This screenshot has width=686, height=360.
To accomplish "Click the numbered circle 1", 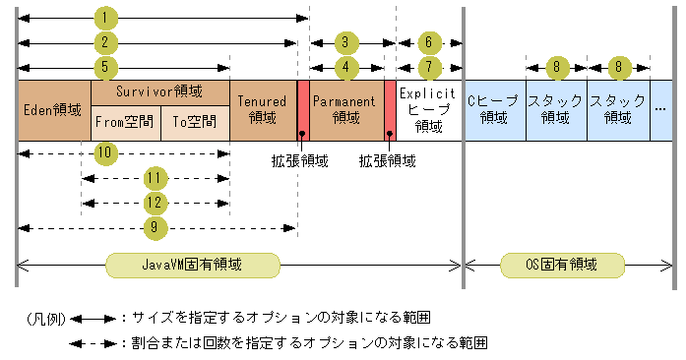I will click(105, 18).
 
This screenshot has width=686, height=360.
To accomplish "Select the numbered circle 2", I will click(105, 42).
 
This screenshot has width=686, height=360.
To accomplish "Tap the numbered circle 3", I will click(344, 42).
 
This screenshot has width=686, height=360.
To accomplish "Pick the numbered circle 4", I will click(344, 67).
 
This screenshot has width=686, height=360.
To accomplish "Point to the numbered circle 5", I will click(105, 67).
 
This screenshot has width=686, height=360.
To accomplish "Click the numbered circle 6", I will click(429, 42).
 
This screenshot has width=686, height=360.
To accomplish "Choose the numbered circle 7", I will click(429, 67).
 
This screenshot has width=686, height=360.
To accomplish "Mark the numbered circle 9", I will click(153, 227).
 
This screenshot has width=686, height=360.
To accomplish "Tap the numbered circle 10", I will click(105, 152).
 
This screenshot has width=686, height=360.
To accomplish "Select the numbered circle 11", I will click(153, 178).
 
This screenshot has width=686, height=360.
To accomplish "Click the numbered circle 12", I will click(153, 203).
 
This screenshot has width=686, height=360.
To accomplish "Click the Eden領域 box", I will click(53, 110).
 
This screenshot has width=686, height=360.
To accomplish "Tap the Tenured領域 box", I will click(262, 110).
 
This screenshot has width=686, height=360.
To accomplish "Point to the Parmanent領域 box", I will click(345, 110).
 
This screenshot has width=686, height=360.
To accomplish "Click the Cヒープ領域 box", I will click(493, 110).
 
